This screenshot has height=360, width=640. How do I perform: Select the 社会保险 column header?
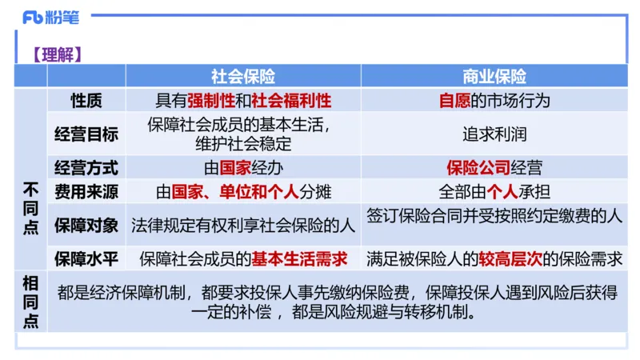click(243, 76)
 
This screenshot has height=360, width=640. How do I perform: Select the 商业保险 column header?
click(494, 76)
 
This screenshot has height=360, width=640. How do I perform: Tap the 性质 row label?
click(86, 100)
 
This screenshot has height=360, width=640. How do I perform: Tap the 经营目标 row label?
click(86, 134)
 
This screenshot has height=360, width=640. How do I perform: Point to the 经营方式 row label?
click(86, 168)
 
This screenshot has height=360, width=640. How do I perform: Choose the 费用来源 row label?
click(86, 192)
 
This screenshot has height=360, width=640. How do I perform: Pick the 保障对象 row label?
click(86, 224)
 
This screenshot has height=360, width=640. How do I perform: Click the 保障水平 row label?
click(86, 258)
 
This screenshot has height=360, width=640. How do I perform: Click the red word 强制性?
click(211, 100)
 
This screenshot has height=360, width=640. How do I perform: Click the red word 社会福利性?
click(291, 100)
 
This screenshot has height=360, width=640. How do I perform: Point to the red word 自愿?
click(454, 100)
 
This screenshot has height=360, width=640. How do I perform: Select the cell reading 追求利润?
click(494, 134)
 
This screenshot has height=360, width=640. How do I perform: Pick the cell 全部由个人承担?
click(494, 192)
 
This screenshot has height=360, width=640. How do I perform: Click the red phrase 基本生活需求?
click(300, 258)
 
